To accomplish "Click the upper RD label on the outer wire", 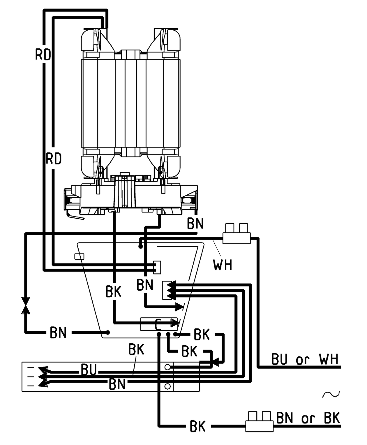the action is point(43,54).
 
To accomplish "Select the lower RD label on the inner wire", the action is point(54,159).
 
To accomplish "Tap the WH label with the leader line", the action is point(223,265).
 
